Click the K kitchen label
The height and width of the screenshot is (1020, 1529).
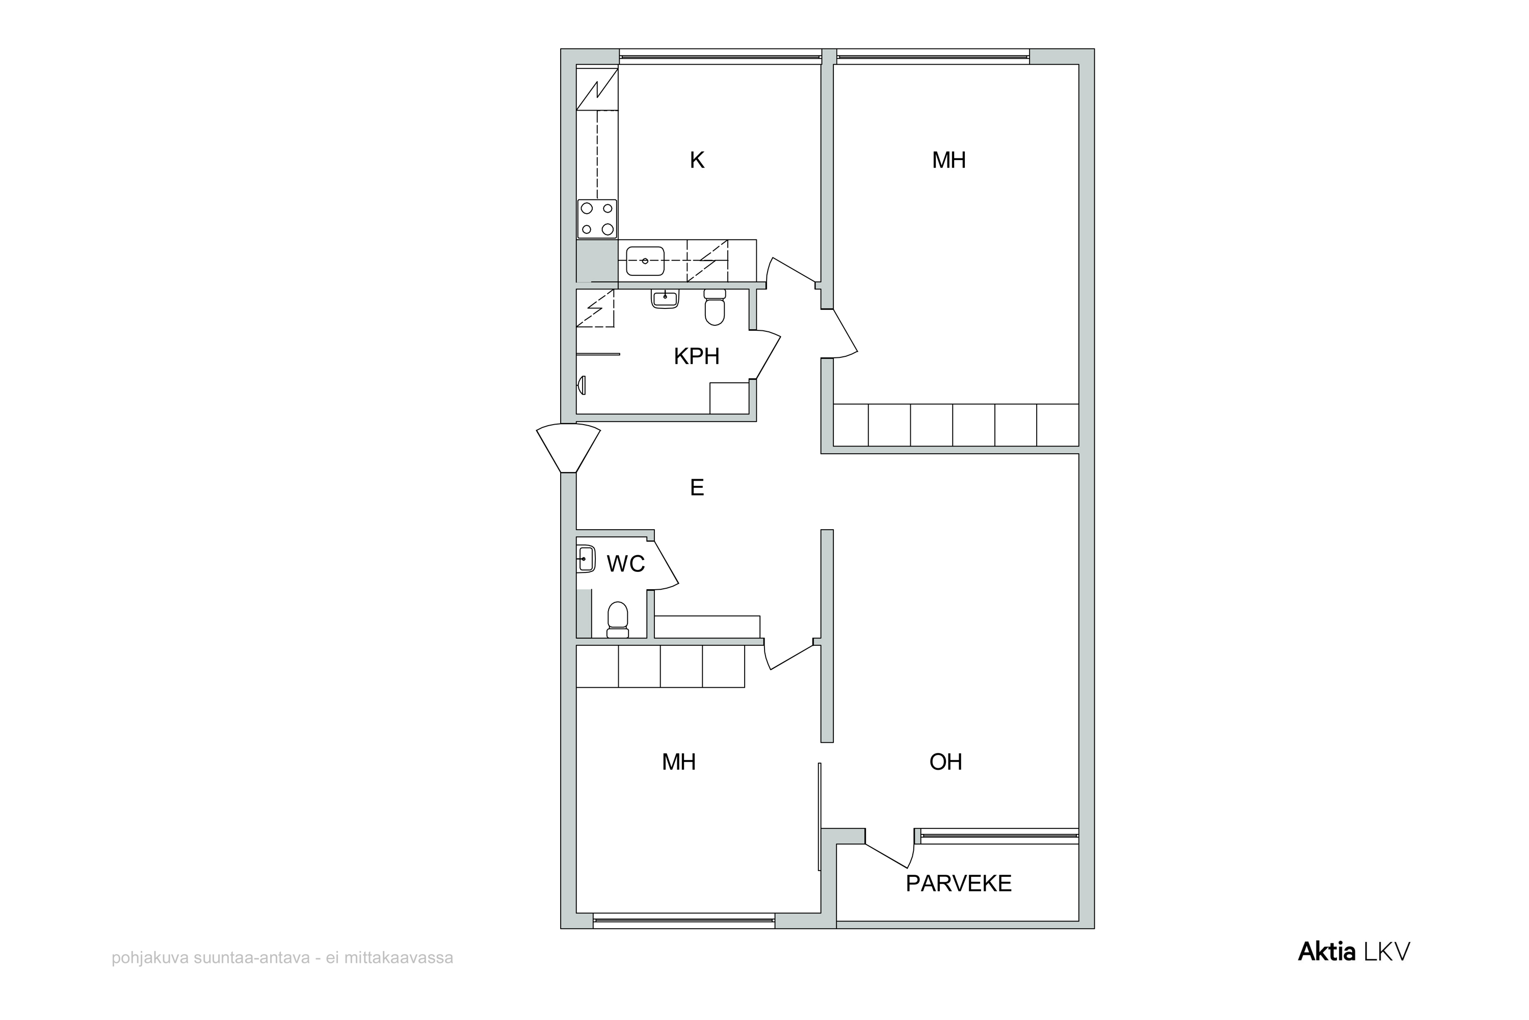[697, 160]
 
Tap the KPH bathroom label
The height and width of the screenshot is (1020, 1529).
[697, 356]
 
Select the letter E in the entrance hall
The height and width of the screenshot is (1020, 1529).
[697, 487]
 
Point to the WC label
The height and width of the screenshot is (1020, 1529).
[626, 564]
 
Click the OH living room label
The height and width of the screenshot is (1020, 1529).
[945, 762]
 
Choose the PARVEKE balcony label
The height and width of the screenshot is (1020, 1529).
[959, 883]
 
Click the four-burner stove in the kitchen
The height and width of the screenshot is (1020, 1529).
[597, 219]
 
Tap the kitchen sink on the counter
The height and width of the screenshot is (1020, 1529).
[645, 261]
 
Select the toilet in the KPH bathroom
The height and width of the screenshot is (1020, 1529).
[715, 307]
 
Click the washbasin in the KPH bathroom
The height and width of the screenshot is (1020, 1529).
[665, 299]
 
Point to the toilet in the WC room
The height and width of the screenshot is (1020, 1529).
[617, 620]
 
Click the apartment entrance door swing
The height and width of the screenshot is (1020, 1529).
[568, 448]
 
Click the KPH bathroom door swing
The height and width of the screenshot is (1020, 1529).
[766, 355]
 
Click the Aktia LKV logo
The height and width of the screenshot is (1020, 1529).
[1354, 952]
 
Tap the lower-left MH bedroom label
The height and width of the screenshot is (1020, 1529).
[678, 762]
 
